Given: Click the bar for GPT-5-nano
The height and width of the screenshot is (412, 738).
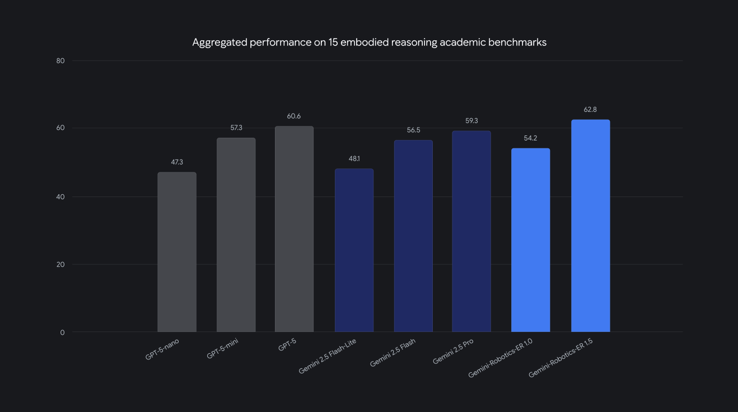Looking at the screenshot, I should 177,252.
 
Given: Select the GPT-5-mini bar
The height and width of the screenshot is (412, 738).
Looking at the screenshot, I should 236,235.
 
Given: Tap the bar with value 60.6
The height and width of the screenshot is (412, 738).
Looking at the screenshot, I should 295,229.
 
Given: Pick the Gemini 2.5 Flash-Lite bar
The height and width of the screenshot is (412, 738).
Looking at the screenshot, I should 354,250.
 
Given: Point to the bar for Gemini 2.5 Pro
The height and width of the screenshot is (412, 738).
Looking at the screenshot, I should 471,231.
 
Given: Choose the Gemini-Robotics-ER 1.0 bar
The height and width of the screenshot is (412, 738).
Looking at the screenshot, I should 531,240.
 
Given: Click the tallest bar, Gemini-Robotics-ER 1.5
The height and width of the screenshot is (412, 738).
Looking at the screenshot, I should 590,226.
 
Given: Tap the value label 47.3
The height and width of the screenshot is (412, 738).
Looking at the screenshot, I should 177,162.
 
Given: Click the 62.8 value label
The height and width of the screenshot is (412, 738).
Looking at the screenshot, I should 590,110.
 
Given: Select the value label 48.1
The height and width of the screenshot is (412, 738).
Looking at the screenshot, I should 354,159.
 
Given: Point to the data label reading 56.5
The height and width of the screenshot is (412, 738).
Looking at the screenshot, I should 413,130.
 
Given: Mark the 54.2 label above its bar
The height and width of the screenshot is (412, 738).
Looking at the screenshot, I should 531,138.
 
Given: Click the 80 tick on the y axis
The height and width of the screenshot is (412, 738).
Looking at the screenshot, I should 61,60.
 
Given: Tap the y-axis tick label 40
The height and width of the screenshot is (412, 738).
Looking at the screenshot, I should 61,196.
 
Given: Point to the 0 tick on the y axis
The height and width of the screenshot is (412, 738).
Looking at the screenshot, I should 63,333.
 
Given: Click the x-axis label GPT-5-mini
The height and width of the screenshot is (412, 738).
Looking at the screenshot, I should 222,349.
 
